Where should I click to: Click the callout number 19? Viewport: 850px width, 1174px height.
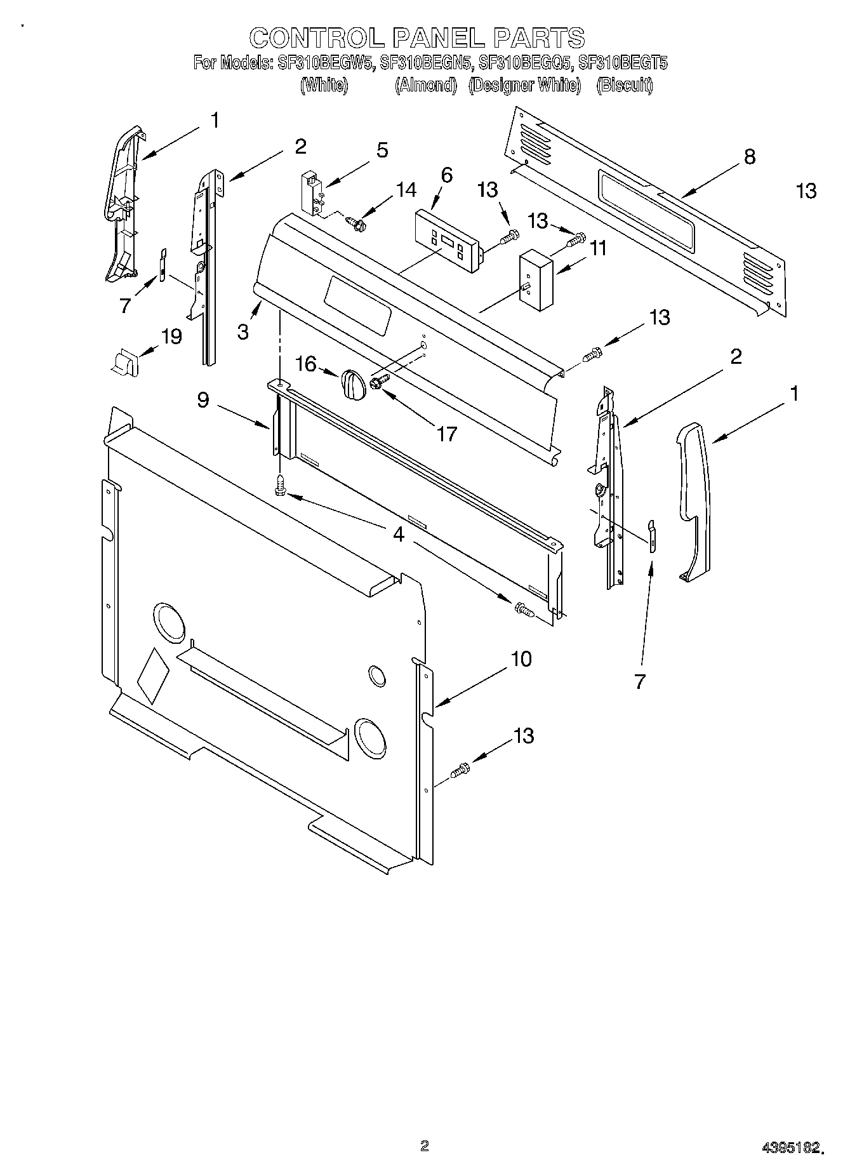point(171,336)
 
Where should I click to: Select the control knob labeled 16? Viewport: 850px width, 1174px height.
point(351,385)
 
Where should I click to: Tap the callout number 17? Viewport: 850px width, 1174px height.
point(447,434)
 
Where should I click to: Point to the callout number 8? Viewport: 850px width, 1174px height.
point(750,157)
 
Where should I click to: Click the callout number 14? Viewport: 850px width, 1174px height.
point(406,190)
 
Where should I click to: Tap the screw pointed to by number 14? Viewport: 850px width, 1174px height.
point(355,222)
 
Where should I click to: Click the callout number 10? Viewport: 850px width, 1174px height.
point(521,659)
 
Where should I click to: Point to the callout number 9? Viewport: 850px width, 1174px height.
point(203,401)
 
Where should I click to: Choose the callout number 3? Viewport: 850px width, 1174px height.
point(243,331)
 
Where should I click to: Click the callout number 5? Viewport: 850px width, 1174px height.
point(382,150)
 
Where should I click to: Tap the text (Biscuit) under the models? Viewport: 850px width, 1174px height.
point(624,85)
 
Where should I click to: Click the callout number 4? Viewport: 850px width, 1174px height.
point(398,534)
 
